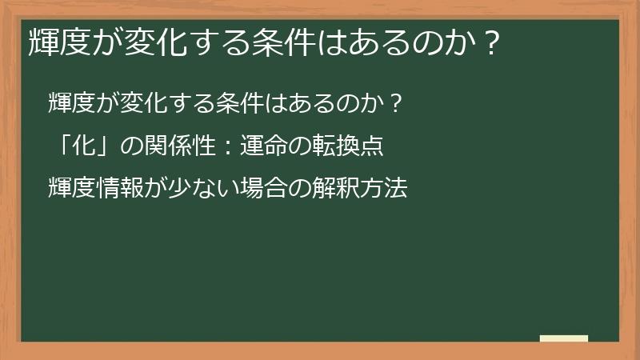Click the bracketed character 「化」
pos(81,146)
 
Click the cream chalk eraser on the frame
pos(564,338)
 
